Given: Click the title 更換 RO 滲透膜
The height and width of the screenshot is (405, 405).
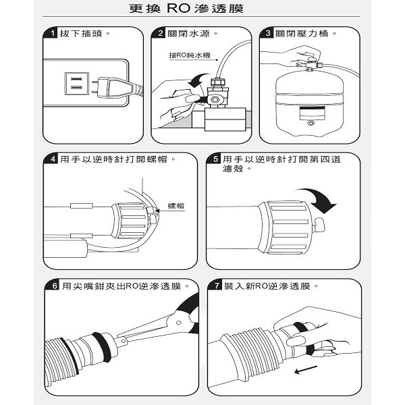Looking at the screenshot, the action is pos(186,9).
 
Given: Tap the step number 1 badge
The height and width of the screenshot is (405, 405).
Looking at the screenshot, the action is pos(51,33).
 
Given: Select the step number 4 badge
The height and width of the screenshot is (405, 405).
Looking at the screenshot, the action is pos(52,159).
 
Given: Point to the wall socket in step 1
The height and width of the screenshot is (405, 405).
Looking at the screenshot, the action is pos(77,84).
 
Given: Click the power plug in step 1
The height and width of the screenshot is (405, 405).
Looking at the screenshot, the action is pos(117,88).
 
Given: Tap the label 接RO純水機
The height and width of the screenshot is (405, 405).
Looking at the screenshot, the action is pos(190,55).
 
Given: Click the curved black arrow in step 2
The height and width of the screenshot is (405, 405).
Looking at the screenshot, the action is pos(198,80).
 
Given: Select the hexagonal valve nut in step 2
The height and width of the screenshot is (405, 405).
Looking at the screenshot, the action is pos(215,99).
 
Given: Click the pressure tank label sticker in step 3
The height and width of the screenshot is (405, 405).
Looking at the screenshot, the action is pos(312,113).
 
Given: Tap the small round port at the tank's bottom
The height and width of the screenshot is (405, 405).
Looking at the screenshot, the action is pos(311,124).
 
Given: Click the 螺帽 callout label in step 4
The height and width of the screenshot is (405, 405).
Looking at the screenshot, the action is pos(176,206).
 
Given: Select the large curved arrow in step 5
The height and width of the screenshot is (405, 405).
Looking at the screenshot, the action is pos(320,198).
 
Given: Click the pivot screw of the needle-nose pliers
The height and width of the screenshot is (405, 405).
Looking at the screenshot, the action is pos(178,323).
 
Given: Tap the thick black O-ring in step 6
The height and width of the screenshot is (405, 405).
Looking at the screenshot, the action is pos(102,344).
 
